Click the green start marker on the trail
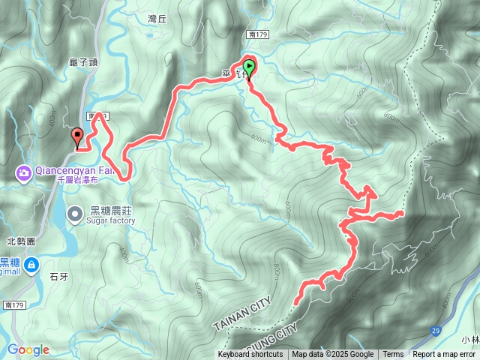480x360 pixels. point(248,67)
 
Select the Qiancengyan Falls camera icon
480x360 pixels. point(24,173)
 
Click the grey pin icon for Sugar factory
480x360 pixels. point(75,214)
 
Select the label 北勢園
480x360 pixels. point(21,241)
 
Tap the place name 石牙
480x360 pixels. point(59,277)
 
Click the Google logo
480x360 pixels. point(28,349)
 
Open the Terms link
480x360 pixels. point(393,355)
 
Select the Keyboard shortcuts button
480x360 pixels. point(250,355)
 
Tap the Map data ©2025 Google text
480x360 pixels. point(333,355)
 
